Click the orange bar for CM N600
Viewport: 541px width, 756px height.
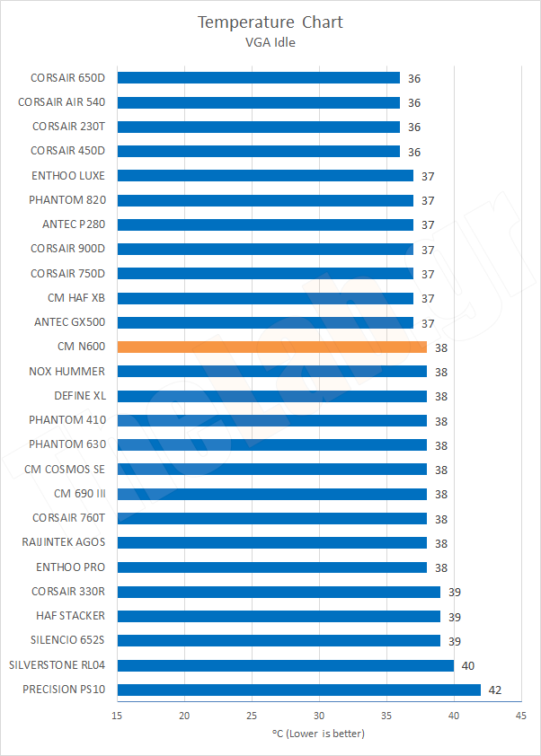[x=271, y=347]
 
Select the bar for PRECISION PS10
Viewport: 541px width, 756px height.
[x=298, y=690]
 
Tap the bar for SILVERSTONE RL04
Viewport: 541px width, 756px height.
[x=285, y=665]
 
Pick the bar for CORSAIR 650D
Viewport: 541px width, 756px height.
[x=258, y=78]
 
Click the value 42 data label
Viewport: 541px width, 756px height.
[x=495, y=690]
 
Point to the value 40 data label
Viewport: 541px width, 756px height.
[x=468, y=665]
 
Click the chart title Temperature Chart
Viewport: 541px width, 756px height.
[x=270, y=22]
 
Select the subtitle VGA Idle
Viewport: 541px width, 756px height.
[x=270, y=40]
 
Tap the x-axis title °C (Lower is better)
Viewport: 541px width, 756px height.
[x=318, y=734]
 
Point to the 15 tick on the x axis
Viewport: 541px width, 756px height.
[x=118, y=715]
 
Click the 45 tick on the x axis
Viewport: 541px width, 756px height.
[x=520, y=715]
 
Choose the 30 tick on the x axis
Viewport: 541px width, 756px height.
[x=319, y=715]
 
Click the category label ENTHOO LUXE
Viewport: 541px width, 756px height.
[x=68, y=175]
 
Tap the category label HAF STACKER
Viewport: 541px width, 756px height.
[x=70, y=616]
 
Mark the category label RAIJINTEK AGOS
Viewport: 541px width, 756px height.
[x=64, y=542]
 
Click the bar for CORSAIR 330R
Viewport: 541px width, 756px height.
[x=279, y=592]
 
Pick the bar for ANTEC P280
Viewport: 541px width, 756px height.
[x=265, y=224]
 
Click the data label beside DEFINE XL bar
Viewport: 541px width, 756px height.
[x=441, y=396]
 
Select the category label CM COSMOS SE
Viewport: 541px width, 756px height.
[x=65, y=469]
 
